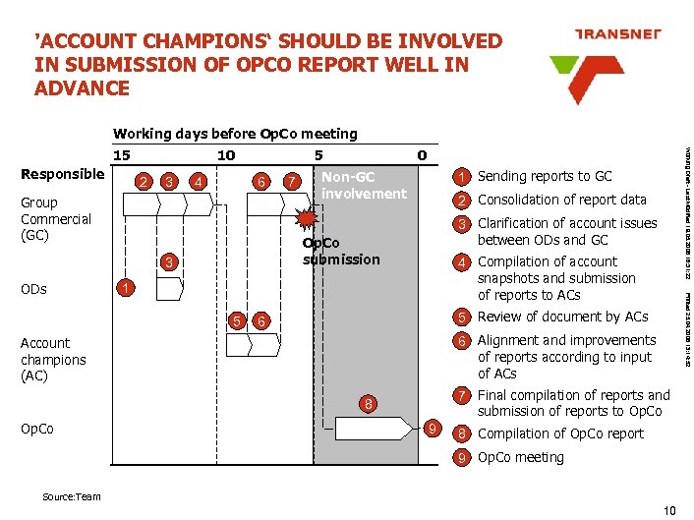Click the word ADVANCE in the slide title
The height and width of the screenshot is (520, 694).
click(x=82, y=88)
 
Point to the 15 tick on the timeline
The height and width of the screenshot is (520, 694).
click(x=122, y=155)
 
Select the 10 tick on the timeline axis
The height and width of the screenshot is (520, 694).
click(x=225, y=155)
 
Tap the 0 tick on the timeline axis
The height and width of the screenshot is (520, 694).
click(x=421, y=155)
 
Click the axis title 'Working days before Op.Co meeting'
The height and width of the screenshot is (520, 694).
click(x=235, y=134)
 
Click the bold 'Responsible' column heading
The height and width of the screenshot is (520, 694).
click(x=62, y=174)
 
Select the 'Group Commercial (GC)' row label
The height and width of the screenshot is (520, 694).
click(x=55, y=218)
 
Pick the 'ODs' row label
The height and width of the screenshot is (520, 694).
click(x=33, y=289)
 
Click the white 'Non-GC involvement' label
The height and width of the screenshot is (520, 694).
click(x=363, y=185)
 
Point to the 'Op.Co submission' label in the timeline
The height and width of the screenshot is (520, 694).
click(x=340, y=251)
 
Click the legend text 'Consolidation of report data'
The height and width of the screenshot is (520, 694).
click(x=561, y=200)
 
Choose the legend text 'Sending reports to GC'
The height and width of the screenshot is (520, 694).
click(x=544, y=176)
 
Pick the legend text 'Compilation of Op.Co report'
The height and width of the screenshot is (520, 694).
click(x=560, y=433)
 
